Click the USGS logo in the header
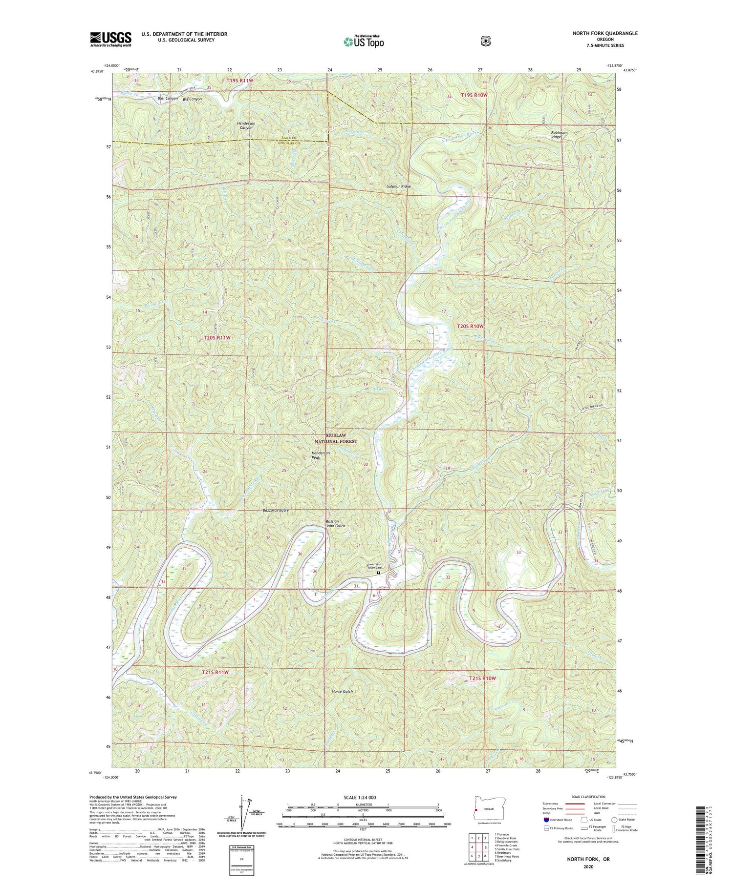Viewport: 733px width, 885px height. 110,39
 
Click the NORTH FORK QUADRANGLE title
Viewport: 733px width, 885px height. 605,33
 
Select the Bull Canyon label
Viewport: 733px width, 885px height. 168,99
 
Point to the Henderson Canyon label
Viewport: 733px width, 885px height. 246,126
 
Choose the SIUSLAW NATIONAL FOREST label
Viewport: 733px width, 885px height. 342,438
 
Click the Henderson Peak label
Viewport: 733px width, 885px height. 321,455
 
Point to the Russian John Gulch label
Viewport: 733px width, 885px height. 335,524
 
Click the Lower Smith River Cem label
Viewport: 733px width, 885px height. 375,566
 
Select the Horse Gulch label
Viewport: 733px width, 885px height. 342,692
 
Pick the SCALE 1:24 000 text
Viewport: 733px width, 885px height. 363,798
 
